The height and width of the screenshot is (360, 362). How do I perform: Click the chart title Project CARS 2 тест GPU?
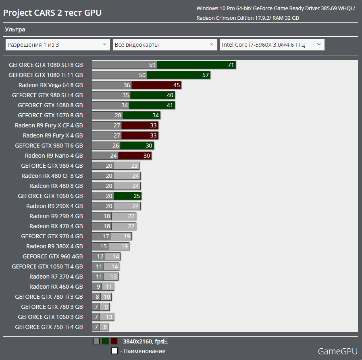click(52, 13)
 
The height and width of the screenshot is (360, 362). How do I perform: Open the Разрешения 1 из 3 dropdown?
click(58, 45)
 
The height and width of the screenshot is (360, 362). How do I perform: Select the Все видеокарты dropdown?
click(165, 45)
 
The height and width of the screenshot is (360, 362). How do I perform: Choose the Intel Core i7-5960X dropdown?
click(272, 45)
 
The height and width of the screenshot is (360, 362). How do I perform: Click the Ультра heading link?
click(15, 29)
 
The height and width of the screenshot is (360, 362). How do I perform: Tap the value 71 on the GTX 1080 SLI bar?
click(231, 65)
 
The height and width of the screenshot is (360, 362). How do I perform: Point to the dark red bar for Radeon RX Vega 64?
click(156, 85)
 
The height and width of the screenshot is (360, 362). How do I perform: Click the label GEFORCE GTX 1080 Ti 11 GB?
click(46, 75)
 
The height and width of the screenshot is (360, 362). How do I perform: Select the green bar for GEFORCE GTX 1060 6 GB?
click(127, 196)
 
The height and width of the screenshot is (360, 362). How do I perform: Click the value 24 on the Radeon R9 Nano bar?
click(113, 156)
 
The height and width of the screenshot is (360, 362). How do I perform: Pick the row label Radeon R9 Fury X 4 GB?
click(53, 135)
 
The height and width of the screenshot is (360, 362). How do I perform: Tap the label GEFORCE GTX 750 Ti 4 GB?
click(49, 327)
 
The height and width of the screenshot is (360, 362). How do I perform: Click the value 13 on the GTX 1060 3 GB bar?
click(109, 317)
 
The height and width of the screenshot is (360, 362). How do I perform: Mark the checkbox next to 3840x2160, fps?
click(166, 341)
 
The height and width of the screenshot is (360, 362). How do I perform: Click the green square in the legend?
click(105, 341)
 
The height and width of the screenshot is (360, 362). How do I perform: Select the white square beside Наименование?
click(114, 351)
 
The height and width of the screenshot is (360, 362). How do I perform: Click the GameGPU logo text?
click(337, 351)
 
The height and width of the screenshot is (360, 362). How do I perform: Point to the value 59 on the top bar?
click(152, 65)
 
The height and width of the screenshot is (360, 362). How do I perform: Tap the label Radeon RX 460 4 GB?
click(56, 287)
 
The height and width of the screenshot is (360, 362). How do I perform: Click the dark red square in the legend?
click(114, 341)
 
